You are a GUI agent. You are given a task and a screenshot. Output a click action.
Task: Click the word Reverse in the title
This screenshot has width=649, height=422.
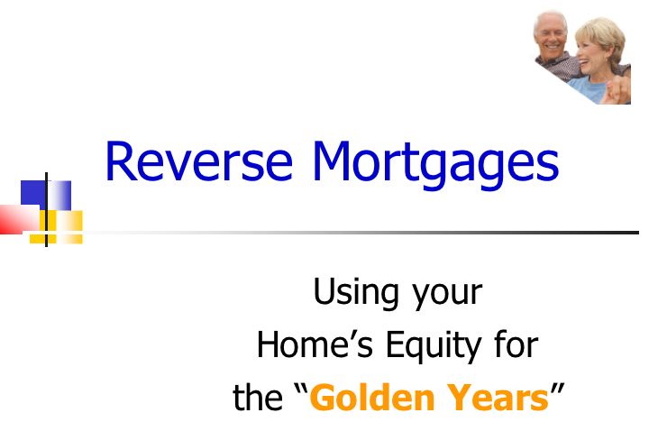coord(199,161)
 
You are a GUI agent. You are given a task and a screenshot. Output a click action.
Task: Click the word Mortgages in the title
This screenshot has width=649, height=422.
coord(436,165)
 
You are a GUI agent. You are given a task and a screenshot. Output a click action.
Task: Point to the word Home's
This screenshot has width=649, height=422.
coord(315,344)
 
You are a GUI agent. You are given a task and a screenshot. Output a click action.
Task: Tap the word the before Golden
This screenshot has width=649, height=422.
coord(258,397)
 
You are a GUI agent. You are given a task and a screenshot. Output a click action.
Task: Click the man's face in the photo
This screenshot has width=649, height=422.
coord(550,35)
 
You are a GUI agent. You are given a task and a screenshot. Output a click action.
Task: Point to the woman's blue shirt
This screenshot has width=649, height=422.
coord(589,88)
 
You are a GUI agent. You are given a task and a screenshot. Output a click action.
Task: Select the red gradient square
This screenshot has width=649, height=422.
coord(20,219)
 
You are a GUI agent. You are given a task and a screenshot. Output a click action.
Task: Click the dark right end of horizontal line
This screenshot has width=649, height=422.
coord(638,233)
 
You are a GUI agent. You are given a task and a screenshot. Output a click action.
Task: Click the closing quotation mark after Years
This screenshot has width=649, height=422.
coord(557,390)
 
